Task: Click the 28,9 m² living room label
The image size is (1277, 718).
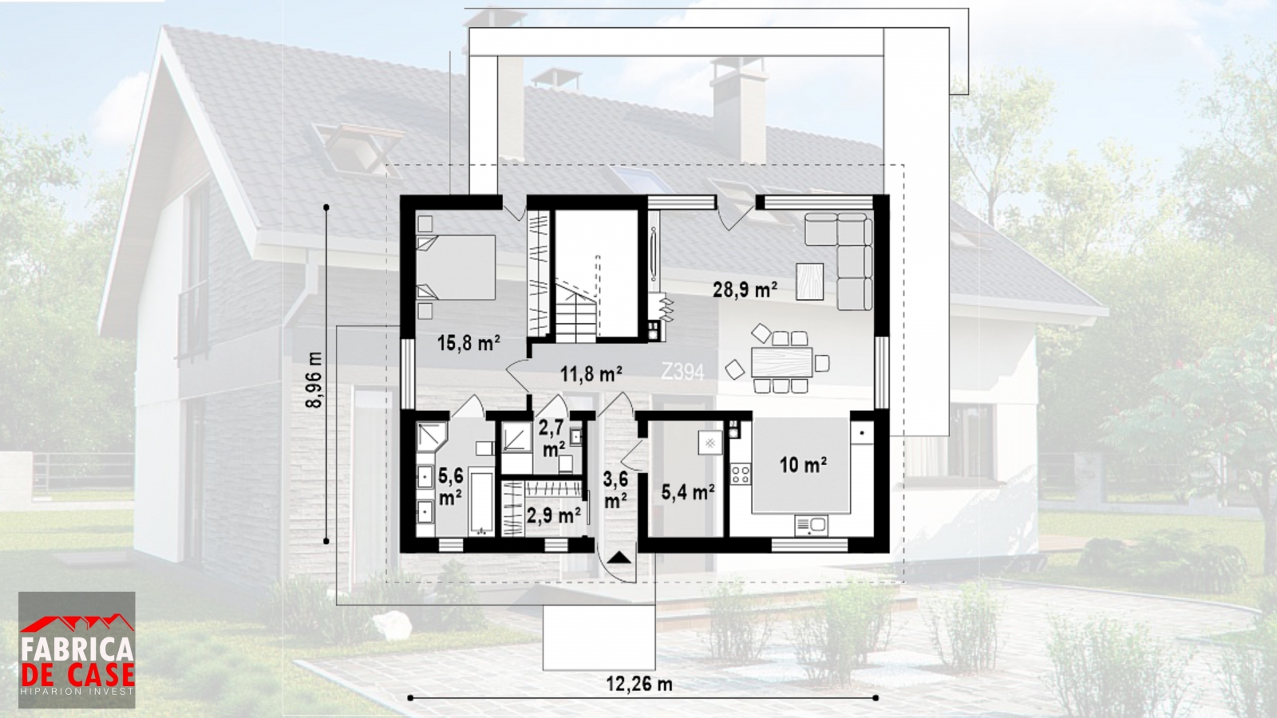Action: pos(745,290)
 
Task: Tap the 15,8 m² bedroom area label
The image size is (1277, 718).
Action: pos(468,343)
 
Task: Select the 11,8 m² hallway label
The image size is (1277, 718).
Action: pos(591,374)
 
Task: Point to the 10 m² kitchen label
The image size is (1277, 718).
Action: pos(803,465)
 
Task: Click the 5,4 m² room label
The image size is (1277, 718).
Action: pos(688,491)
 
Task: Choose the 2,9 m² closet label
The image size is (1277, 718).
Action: pos(554,515)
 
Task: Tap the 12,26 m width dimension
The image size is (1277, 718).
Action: pos(639,684)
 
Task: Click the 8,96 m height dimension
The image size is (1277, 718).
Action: pos(314,380)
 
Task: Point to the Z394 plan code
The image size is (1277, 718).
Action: pos(682,372)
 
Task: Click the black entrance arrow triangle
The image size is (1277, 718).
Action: pos(619,557)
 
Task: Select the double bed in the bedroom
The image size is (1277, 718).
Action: pos(456,267)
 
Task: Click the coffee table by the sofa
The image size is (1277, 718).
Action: pos(809,282)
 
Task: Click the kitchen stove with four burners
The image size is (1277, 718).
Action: pos(741,474)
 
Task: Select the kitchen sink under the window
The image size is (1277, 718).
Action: pos(811,526)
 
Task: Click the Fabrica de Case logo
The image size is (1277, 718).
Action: pos(77,649)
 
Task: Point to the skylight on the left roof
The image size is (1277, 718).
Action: pos(359,148)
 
